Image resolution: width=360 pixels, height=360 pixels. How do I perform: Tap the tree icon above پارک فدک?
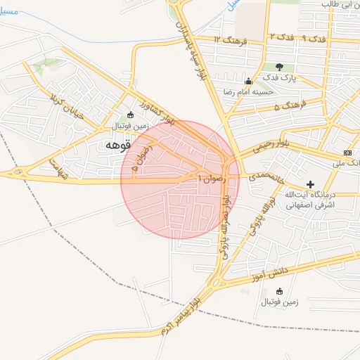(x=288, y=67)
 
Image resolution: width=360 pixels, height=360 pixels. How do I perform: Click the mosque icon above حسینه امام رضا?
(x=247, y=82)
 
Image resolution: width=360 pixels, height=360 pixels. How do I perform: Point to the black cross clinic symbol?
(x=310, y=184)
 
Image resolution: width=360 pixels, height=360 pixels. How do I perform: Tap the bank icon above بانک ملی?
(x=348, y=153)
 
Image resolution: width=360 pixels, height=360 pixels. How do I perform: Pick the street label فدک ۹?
(x=314, y=37)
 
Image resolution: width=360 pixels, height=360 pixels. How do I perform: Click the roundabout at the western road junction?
(x=18, y=172)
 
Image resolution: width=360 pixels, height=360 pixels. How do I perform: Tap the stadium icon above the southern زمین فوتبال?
(x=280, y=291)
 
